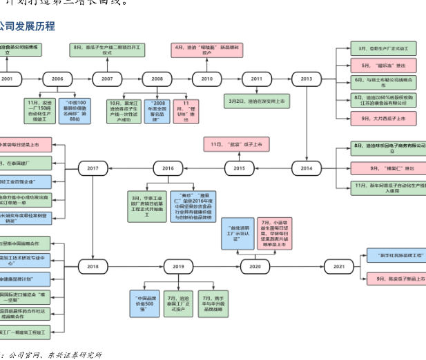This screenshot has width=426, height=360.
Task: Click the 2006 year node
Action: (57, 79)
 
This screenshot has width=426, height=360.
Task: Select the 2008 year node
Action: (157, 79)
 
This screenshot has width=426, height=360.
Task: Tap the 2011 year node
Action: (257, 79)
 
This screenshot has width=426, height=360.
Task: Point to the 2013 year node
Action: (307, 79)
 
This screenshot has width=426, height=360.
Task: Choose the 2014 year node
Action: (307, 168)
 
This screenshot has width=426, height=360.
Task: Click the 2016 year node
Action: (168, 168)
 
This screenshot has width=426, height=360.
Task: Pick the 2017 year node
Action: (93, 168)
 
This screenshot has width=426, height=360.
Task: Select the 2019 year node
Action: (179, 266)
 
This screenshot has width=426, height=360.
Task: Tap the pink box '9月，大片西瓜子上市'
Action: (384, 119)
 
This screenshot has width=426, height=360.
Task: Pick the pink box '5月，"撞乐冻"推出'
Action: (384, 66)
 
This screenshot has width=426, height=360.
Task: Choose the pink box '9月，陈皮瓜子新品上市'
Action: (396, 279)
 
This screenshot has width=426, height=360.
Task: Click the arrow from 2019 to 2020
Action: (217, 266)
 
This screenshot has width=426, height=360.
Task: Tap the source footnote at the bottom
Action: (52, 354)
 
